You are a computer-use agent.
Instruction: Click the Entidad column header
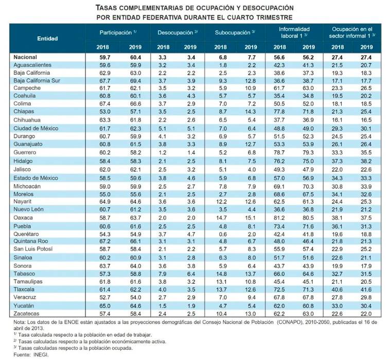47,38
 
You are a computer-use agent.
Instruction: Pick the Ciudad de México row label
36,127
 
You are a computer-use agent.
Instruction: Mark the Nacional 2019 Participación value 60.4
133,58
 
